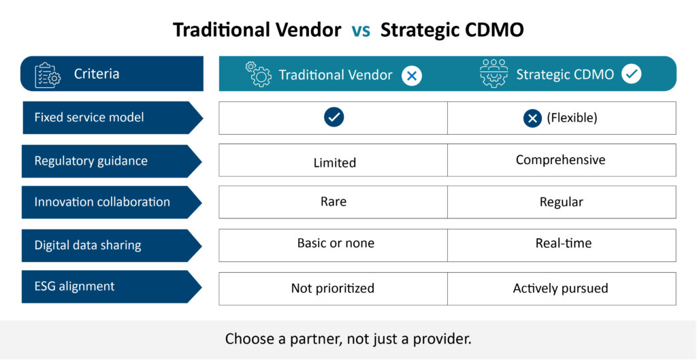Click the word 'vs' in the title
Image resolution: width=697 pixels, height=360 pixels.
click(361, 31)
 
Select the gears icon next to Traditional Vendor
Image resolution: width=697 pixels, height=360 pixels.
click(258, 73)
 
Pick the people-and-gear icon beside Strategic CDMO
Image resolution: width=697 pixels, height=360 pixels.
click(493, 73)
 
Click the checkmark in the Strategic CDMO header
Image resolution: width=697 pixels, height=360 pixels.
click(631, 74)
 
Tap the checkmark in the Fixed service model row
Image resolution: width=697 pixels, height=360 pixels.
click(334, 117)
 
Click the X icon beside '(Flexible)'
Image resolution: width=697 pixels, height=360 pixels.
click(532, 118)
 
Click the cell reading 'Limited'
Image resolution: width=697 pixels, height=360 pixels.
click(334, 160)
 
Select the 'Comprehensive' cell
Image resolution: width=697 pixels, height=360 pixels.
click(562, 160)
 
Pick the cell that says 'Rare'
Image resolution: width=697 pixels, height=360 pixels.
click(334, 202)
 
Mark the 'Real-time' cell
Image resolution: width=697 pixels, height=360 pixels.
click(562, 245)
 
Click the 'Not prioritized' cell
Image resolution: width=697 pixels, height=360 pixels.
click(334, 289)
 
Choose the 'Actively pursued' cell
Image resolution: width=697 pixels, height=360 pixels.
click(562, 289)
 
